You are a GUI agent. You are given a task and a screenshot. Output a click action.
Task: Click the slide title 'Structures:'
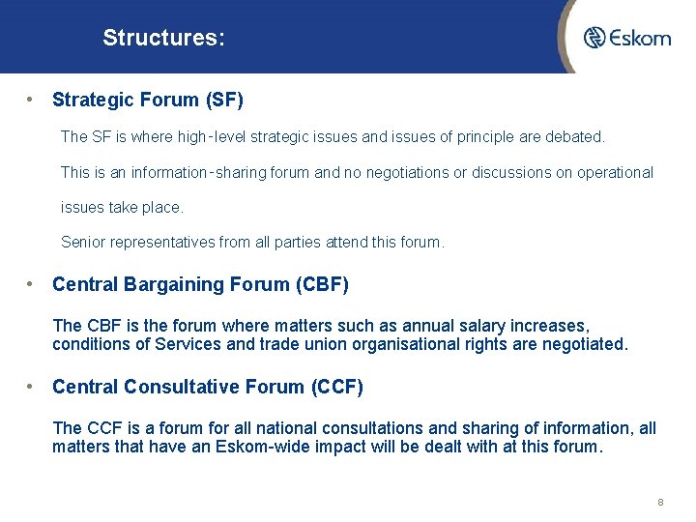[163, 39]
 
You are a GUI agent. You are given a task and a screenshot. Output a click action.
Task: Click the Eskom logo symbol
[594, 38]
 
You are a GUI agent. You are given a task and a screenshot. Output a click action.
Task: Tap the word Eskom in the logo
[640, 38]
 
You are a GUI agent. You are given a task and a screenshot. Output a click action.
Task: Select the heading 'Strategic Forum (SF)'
[148, 100]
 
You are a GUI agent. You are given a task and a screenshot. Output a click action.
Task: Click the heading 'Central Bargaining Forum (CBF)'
[200, 284]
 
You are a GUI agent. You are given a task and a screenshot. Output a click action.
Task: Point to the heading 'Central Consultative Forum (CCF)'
[208, 387]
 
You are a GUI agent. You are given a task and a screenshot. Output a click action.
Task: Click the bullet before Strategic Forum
[33, 100]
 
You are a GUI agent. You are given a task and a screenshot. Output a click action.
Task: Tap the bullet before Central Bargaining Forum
[33, 284]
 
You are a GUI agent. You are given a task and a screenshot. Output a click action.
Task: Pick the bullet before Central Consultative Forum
[33, 387]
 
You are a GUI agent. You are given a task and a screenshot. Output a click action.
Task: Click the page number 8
[660, 503]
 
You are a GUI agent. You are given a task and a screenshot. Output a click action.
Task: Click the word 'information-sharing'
[214, 173]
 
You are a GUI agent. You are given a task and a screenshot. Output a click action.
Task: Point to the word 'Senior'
[83, 243]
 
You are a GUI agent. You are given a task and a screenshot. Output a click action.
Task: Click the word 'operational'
[615, 173]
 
